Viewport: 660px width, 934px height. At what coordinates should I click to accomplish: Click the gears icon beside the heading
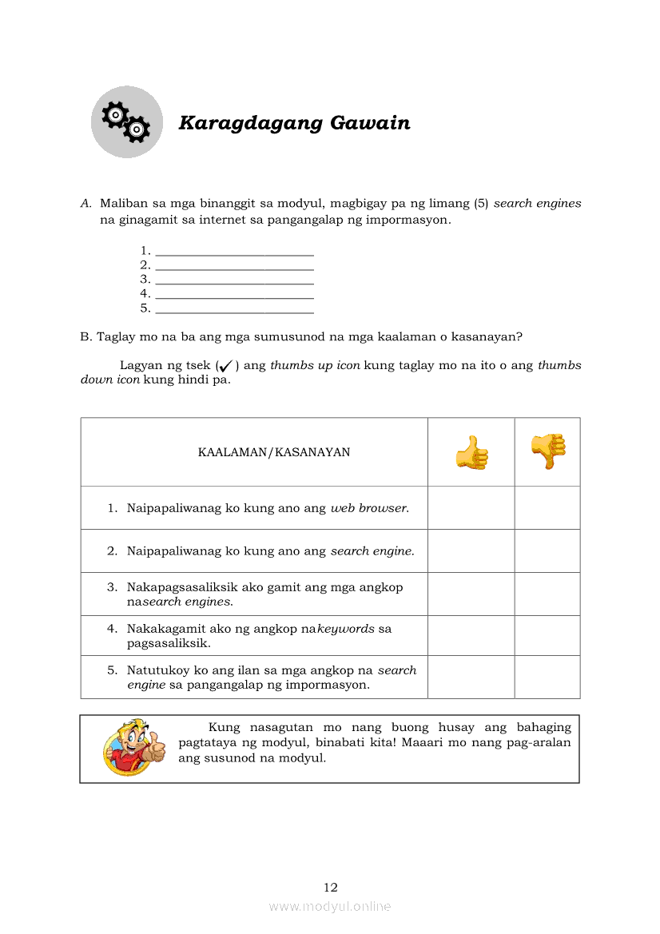coord(126,121)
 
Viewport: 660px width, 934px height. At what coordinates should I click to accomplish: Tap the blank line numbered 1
coord(235,251)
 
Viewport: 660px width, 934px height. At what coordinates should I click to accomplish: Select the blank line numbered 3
coord(235,280)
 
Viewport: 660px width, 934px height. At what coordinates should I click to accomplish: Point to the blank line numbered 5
coord(235,308)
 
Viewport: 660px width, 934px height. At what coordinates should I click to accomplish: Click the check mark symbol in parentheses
coord(225,366)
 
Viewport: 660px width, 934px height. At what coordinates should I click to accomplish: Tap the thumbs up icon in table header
coord(471,452)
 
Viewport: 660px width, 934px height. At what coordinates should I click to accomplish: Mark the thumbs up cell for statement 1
coord(471,508)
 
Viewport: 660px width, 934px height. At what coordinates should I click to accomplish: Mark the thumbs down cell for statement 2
coord(547,551)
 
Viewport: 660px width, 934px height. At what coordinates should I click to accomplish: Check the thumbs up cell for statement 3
coord(471,594)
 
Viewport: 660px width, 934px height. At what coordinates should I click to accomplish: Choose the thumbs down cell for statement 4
coord(547,636)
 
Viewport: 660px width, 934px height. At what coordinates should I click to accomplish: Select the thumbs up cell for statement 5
coord(471,678)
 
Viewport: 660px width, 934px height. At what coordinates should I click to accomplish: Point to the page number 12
coord(331,888)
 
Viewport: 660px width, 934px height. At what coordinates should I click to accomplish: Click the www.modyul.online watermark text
coord(330,907)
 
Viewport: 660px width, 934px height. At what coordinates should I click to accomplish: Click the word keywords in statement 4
coord(346,629)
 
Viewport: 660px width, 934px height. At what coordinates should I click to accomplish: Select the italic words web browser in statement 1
coord(369,508)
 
